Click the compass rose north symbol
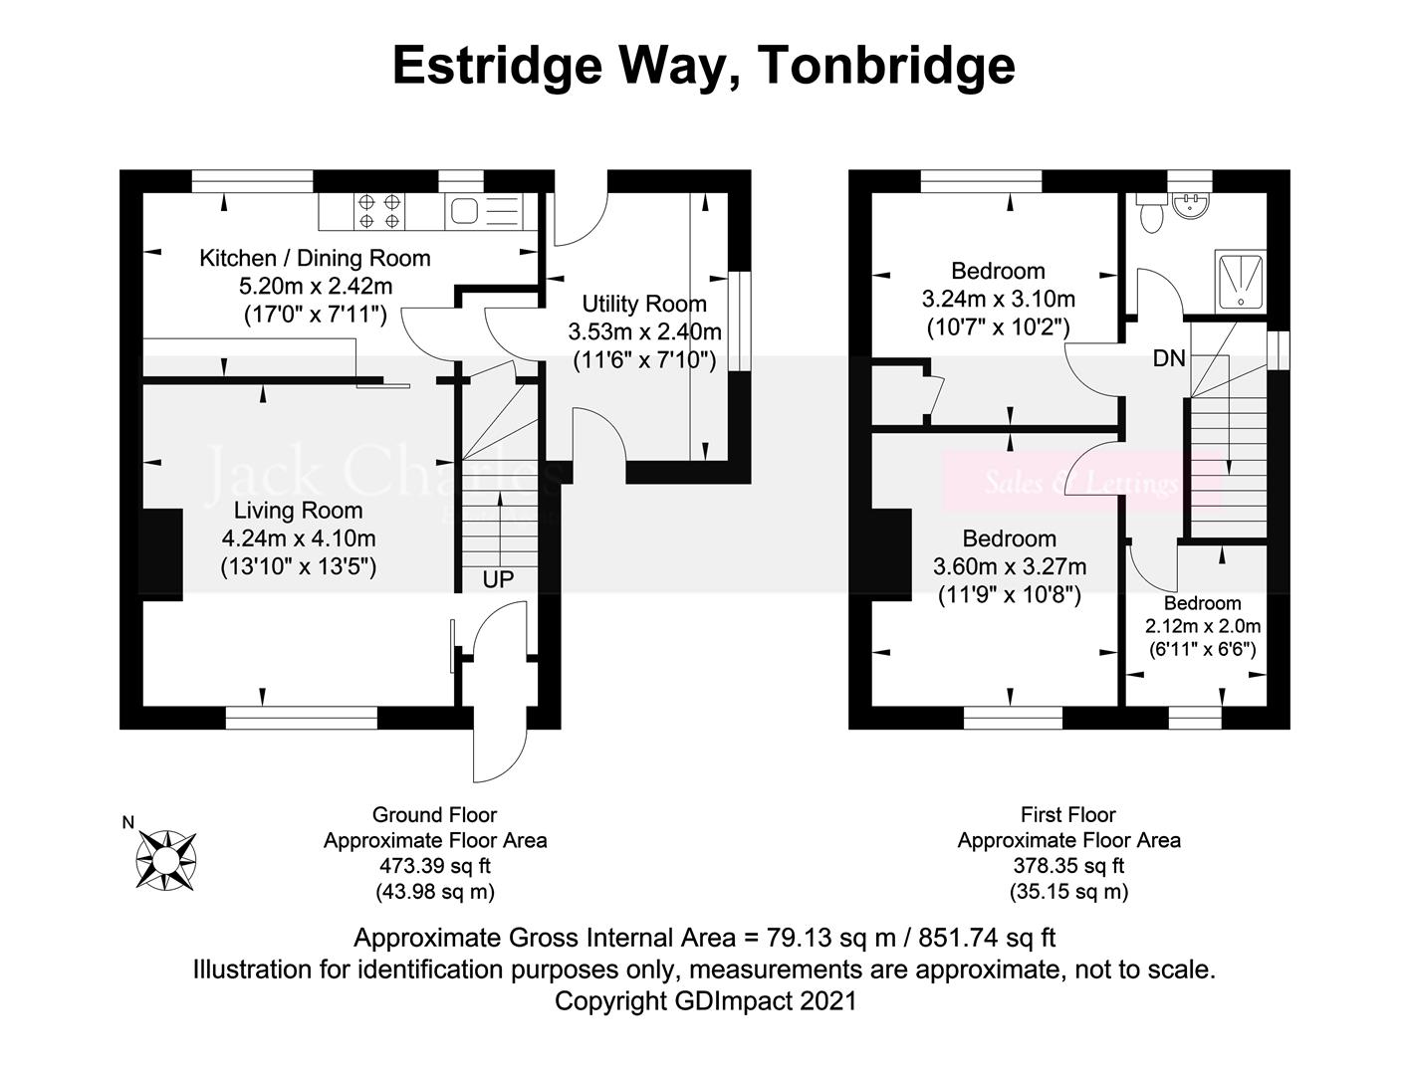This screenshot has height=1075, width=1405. pos(165,858)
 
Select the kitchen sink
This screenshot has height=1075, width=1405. pos(463,211)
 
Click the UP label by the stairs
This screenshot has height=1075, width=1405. pos(498,579)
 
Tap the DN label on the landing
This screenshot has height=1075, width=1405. pos(1169,358)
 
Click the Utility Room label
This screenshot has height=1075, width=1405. pos(644,304)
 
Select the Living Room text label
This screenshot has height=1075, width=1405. pos(298,511)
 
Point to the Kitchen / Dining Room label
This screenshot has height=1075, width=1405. pos(315,259)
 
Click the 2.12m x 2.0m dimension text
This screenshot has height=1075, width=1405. pos(1203,627)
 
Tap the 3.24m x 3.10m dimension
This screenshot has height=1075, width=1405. pos(998,299)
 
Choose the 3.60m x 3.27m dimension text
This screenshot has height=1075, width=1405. pos(1009,567)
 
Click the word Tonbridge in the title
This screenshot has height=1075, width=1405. pos(886,66)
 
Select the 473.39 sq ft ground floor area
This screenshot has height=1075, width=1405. pos(434,866)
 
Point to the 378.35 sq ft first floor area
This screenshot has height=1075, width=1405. pos(1068,866)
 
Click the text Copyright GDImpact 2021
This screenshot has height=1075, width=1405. pos(704,1000)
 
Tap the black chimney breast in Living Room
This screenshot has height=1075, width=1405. pos(162,553)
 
